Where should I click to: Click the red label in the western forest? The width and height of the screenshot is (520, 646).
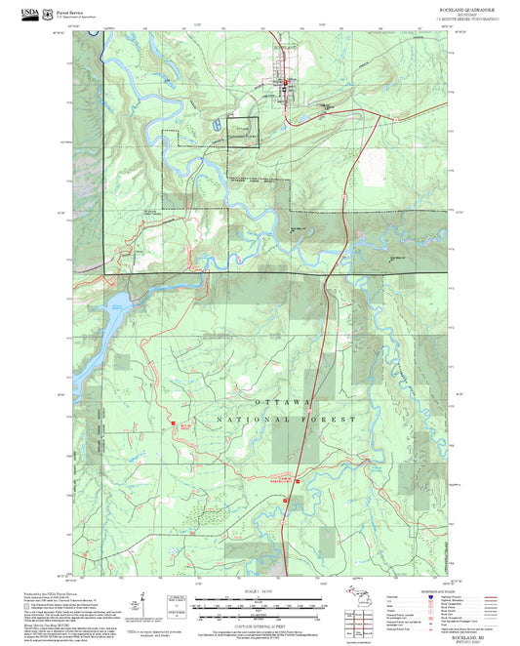point(186,425)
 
